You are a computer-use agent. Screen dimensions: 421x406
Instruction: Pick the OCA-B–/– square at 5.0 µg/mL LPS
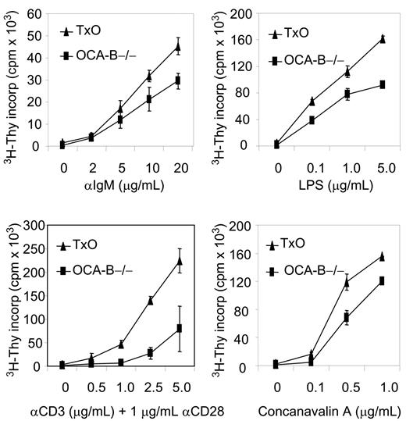click(382, 84)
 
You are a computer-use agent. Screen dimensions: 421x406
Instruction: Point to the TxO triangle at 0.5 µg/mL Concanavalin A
click(347, 283)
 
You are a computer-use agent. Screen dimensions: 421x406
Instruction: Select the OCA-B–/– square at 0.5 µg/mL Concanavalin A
click(347, 317)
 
